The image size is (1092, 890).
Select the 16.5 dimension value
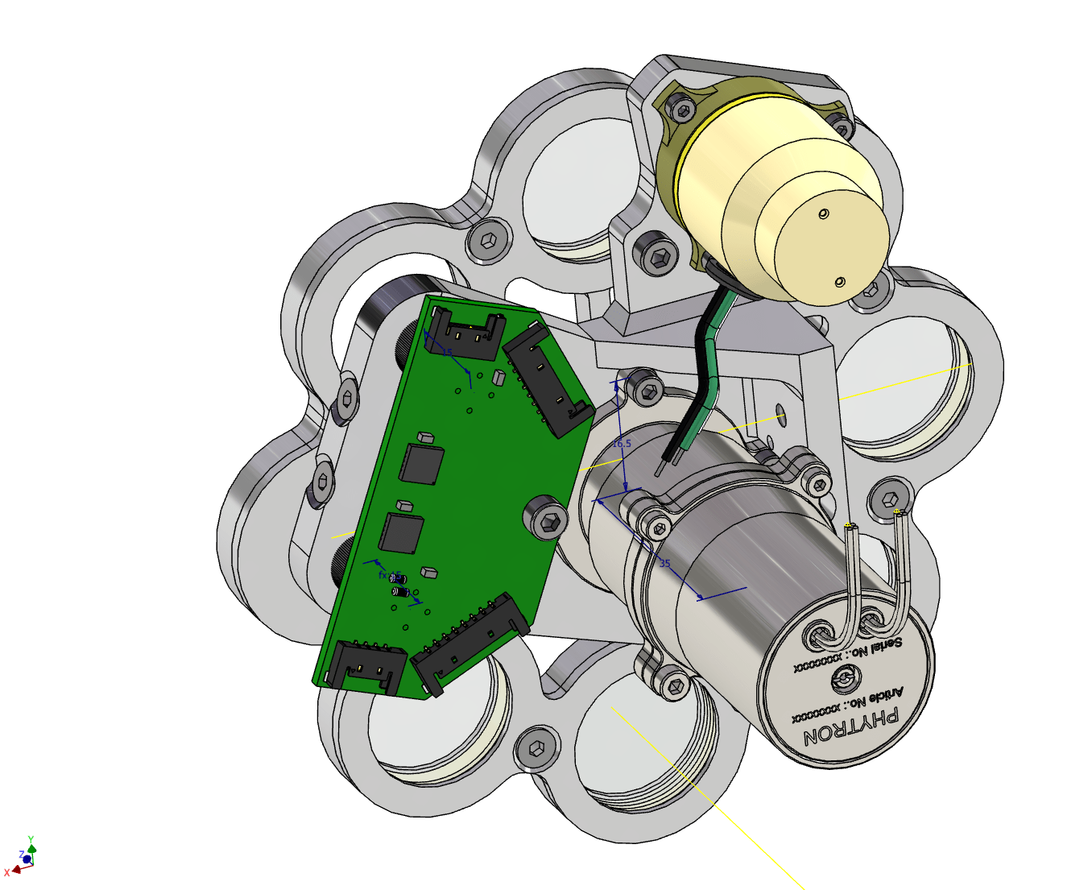pyautogui.click(x=622, y=444)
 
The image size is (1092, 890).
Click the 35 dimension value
pyautogui.click(x=664, y=563)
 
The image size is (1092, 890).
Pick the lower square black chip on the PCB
pyautogui.click(x=401, y=532)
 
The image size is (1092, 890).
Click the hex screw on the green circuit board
pyautogui.click(x=547, y=520)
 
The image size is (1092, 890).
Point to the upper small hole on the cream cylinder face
pyautogui.click(x=823, y=213)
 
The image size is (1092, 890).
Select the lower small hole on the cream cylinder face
pyautogui.click(x=840, y=281)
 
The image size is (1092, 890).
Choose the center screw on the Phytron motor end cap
pyautogui.click(x=842, y=681)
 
